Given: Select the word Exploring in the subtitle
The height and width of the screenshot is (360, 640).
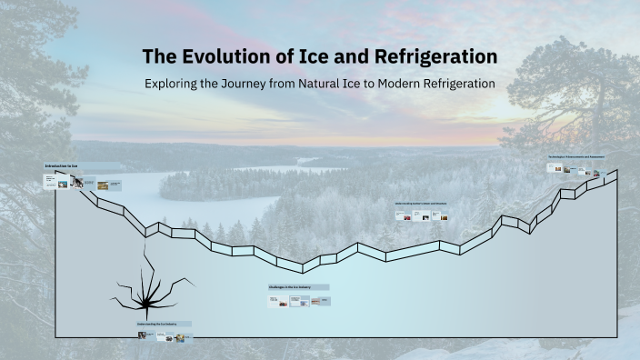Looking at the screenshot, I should pyautogui.click(x=178, y=83).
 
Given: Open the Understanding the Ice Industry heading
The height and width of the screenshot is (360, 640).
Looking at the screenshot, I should pyautogui.click(x=164, y=324).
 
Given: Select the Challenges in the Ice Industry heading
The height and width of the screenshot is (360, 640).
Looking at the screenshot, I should pyautogui.click(x=290, y=287).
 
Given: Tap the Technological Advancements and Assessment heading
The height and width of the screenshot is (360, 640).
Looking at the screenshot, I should pyautogui.click(x=576, y=156).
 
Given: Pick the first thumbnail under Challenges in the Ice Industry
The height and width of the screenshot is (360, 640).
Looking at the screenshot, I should pyautogui.click(x=275, y=301).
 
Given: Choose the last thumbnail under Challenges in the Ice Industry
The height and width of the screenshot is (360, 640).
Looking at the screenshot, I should pyautogui.click(x=319, y=301).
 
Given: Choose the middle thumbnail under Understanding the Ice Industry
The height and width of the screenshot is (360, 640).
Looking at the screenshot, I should pyautogui.click(x=164, y=336).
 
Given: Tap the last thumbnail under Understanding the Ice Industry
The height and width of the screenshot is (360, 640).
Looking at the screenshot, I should pyautogui.click(x=182, y=337).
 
